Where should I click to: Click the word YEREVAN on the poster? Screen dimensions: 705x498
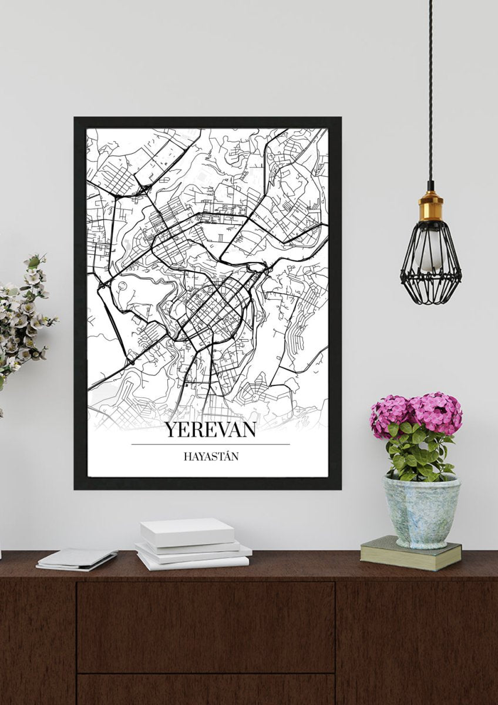point(210,429)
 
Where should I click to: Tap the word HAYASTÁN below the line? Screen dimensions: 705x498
point(210,456)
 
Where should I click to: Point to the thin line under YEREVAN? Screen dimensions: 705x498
point(210,445)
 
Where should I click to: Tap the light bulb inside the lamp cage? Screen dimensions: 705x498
point(429,253)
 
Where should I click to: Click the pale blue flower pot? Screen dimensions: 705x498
point(421,511)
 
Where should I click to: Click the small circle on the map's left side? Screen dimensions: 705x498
point(122,286)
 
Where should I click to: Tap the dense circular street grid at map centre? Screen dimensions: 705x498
point(214,305)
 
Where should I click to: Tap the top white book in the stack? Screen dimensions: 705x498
point(187,531)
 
